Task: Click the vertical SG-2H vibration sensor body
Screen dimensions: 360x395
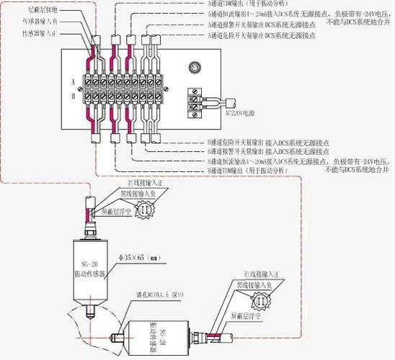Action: tap(90, 264)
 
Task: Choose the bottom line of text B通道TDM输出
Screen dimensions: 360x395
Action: tap(250, 172)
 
